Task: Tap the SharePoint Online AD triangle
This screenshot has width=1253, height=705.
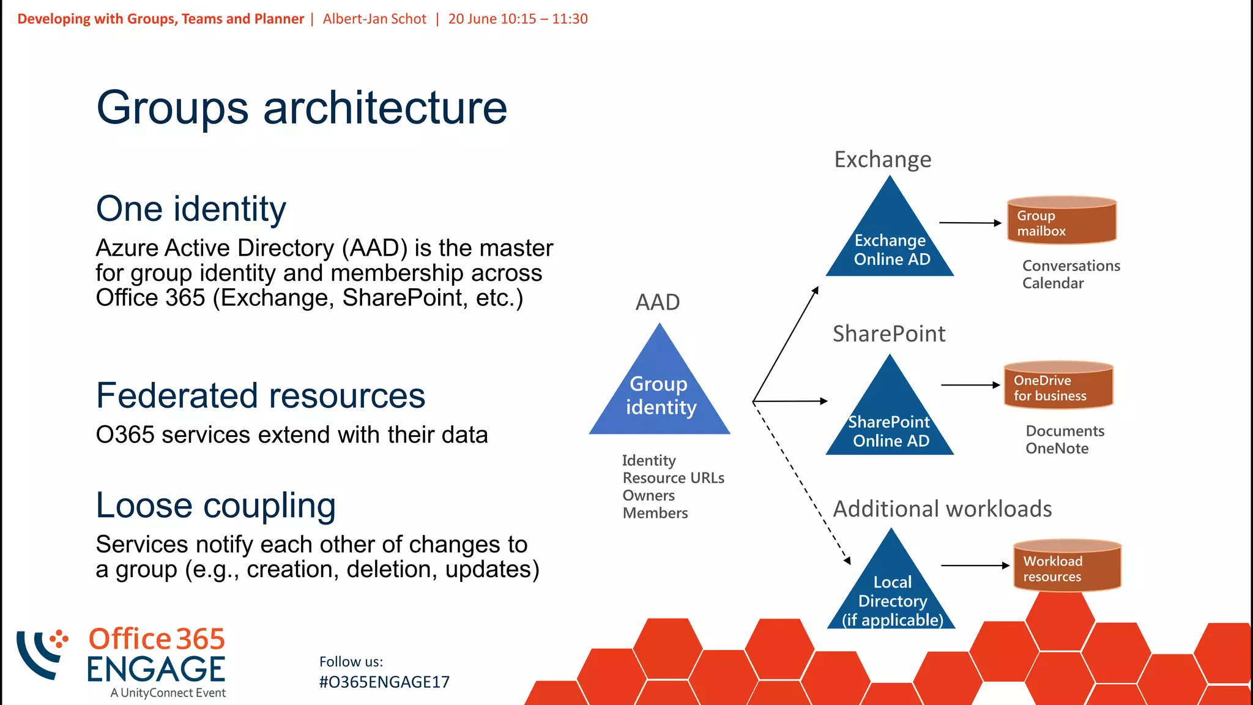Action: click(x=890, y=422)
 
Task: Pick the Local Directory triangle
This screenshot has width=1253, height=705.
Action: click(x=891, y=594)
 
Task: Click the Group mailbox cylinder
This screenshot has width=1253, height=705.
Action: click(x=1062, y=222)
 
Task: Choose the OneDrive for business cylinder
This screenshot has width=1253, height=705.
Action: click(x=1058, y=386)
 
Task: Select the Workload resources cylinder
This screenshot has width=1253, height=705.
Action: click(x=1067, y=567)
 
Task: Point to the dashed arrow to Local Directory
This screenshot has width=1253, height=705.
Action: click(x=801, y=483)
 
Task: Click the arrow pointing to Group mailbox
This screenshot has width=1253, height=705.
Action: click(x=970, y=223)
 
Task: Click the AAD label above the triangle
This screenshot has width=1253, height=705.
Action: click(x=658, y=302)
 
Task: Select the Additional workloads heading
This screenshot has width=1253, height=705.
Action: click(x=942, y=509)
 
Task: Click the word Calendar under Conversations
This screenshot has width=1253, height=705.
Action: click(x=1052, y=283)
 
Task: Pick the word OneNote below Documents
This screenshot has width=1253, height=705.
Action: click(x=1057, y=449)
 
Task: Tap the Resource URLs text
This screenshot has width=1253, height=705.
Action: click(x=673, y=478)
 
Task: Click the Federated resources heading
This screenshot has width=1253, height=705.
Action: click(x=260, y=396)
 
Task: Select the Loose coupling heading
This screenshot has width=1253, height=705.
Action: click(x=215, y=506)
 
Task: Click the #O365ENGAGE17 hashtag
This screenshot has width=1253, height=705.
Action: click(x=384, y=682)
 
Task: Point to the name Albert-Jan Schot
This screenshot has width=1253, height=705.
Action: click(x=374, y=19)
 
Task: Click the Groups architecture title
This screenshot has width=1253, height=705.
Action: click(x=302, y=108)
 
